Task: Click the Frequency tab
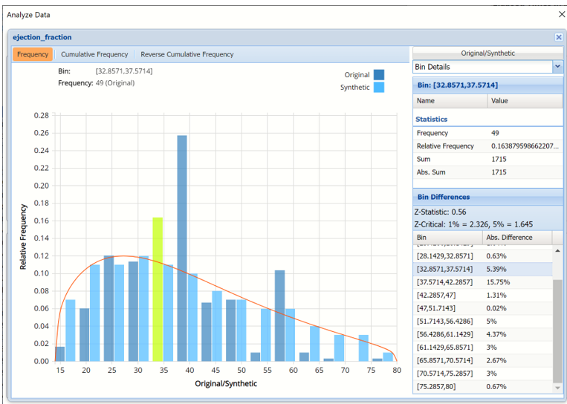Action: coord(33,54)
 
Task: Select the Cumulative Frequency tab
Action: coord(94,54)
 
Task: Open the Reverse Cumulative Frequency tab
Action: coord(187,54)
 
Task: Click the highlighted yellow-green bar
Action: coord(158,290)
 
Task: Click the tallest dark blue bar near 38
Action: coord(182,249)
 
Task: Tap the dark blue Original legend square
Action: coord(379,75)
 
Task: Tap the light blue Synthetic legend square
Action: coord(379,88)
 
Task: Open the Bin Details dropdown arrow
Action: coord(557,67)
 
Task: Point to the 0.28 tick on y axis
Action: coord(42,116)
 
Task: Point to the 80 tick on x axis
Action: coord(397,370)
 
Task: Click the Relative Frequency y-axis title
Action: coord(23,238)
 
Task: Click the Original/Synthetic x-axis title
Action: coord(226,384)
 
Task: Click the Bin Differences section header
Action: coord(444,197)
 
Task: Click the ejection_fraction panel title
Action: coord(42,37)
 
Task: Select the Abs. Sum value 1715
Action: coord(499,172)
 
